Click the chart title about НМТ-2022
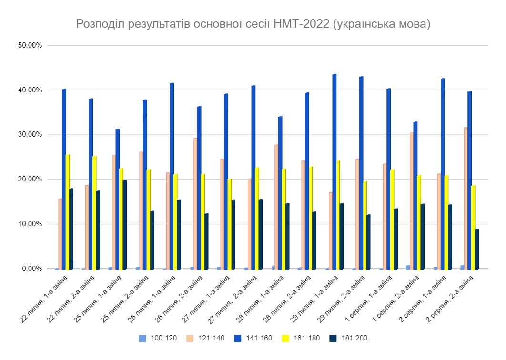(x=253, y=24)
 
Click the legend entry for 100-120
(x=158, y=339)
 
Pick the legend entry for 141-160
(x=253, y=339)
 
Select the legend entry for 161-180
(x=301, y=339)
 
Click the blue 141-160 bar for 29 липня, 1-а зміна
(x=334, y=171)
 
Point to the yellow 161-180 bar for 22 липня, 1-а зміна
(x=68, y=212)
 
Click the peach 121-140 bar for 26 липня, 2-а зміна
(x=195, y=204)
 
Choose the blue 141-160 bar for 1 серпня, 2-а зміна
(x=415, y=195)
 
